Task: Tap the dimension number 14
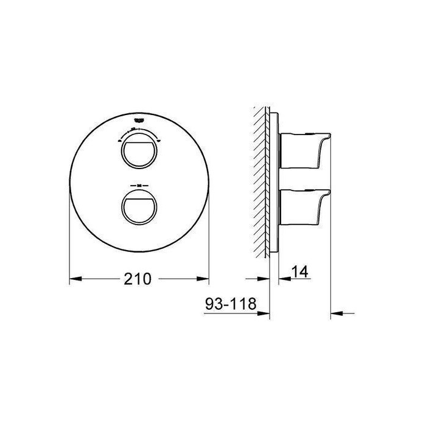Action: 299,272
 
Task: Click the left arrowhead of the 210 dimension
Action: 75,279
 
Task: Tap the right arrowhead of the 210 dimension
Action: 204,279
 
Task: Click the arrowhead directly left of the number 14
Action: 282,279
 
